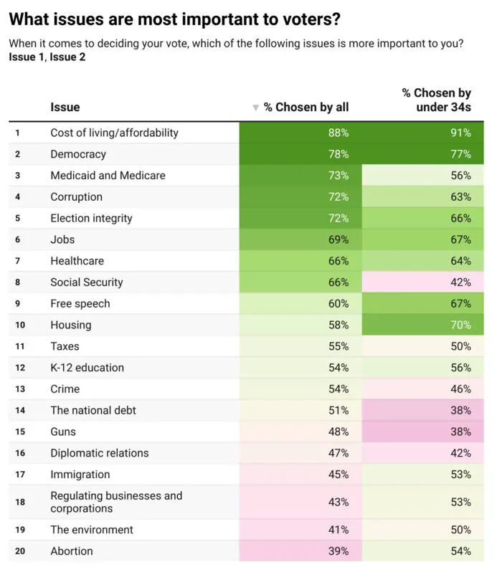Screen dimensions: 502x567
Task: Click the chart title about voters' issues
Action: tap(175, 19)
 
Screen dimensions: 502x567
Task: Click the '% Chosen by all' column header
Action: tap(306, 107)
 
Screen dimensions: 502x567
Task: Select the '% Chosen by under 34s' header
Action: tap(437, 100)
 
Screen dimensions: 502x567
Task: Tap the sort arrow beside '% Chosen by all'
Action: tap(256, 108)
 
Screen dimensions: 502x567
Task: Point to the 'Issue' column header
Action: tap(65, 107)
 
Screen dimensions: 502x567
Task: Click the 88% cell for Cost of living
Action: tap(300, 133)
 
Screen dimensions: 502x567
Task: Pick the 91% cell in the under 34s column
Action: tap(423, 133)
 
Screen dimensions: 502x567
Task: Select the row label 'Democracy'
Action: tap(78, 154)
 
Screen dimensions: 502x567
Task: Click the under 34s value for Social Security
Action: tap(423, 282)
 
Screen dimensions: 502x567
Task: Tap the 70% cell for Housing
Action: tap(423, 325)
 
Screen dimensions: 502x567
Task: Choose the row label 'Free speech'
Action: tap(80, 303)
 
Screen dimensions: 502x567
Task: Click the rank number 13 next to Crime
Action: tap(20, 389)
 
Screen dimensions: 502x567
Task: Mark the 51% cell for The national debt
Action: tap(300, 410)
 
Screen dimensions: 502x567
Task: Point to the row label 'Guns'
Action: tap(63, 432)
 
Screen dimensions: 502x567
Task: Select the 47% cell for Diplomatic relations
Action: tap(300, 453)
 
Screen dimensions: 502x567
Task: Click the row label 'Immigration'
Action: tap(80, 474)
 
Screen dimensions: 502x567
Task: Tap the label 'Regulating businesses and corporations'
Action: tap(116, 502)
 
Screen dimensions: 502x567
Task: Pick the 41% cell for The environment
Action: tap(300, 530)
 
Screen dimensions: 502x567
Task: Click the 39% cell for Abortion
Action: tap(300, 551)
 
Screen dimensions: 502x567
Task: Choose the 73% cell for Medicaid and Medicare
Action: tap(300, 176)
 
